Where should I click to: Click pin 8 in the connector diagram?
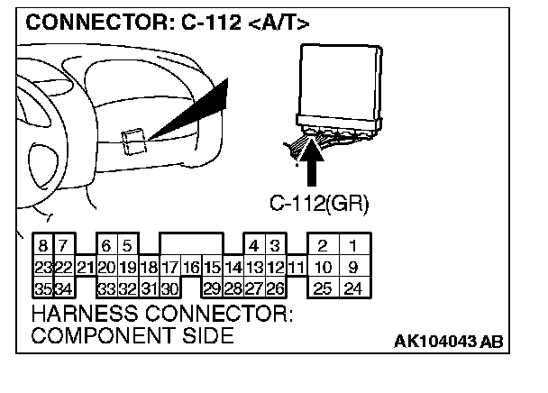[42, 245]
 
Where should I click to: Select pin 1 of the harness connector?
[354, 245]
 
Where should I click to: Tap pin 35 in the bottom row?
[42, 288]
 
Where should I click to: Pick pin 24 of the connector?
[354, 288]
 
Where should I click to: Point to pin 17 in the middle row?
[169, 267]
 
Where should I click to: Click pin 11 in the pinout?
[295, 267]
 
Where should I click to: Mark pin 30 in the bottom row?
[169, 288]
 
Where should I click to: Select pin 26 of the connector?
[276, 288]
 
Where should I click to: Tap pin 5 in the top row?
[128, 245]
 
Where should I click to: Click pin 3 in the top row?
[276, 245]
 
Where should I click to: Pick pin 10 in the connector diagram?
[322, 267]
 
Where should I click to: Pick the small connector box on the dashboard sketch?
[134, 140]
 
